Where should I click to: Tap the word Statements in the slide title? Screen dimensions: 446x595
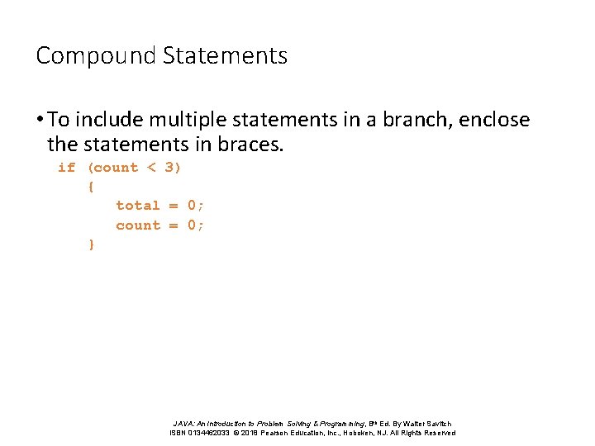click(225, 56)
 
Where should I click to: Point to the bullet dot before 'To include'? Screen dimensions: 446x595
click(40, 121)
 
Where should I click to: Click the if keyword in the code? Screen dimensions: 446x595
click(66, 168)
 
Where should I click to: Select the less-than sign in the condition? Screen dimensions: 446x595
click(150, 168)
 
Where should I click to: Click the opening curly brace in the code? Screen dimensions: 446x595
click(90, 187)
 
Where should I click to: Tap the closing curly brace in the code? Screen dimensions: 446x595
click(90, 244)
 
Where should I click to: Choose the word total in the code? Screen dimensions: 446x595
click(138, 206)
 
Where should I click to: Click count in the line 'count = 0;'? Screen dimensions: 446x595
click(138, 225)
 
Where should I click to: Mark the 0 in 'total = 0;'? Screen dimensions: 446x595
click(192, 206)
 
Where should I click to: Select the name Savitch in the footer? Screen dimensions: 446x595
click(438, 424)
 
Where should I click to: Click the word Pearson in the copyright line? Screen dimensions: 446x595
click(282, 433)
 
